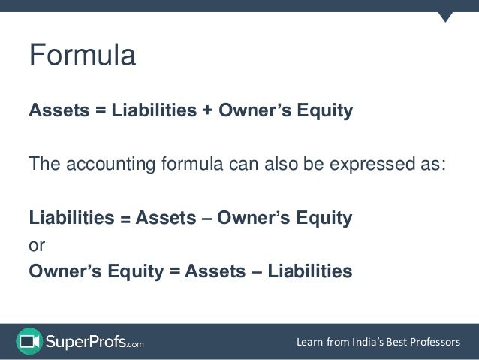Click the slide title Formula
click(82, 56)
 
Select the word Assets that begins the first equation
click(57, 112)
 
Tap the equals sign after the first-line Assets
click(98, 112)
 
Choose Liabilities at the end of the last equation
click(308, 270)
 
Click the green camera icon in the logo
click(29, 341)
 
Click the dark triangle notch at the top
click(446, 16)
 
